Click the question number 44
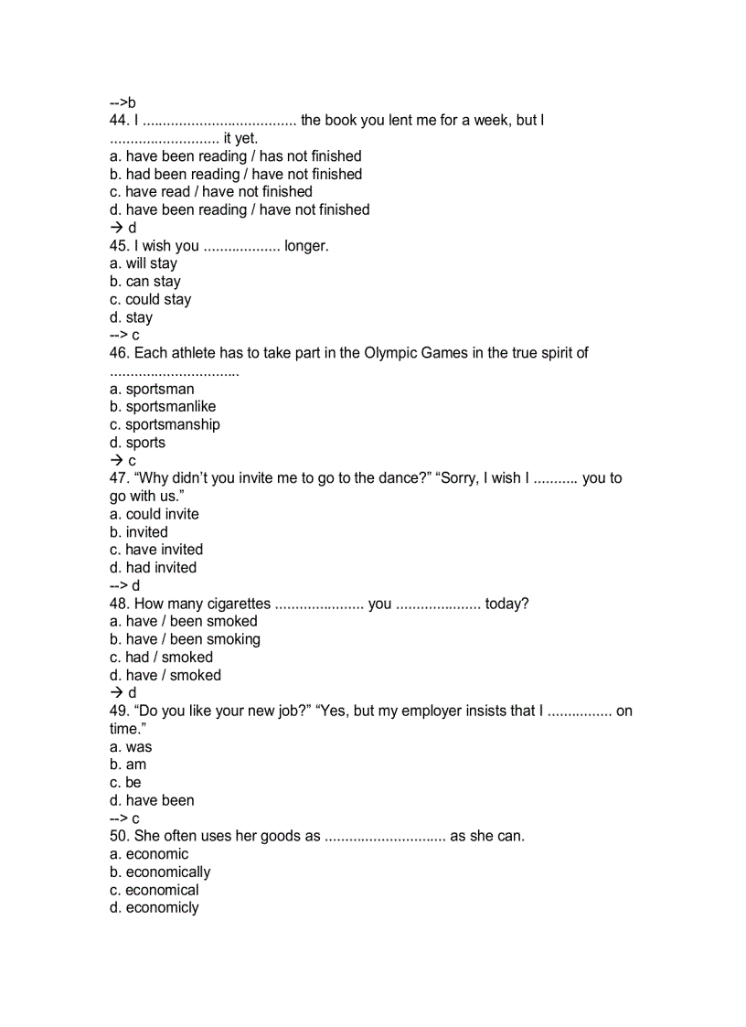[x=120, y=120]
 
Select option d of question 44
[x=240, y=209]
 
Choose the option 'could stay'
[x=151, y=299]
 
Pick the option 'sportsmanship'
[x=165, y=424]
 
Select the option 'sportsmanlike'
[x=163, y=406]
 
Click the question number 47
[x=120, y=477]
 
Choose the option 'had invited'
[x=153, y=567]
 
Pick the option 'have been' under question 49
[x=152, y=800]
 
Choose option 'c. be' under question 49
[x=125, y=782]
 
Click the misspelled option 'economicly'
[x=154, y=907]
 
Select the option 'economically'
[x=160, y=872]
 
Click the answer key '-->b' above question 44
[x=123, y=102]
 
